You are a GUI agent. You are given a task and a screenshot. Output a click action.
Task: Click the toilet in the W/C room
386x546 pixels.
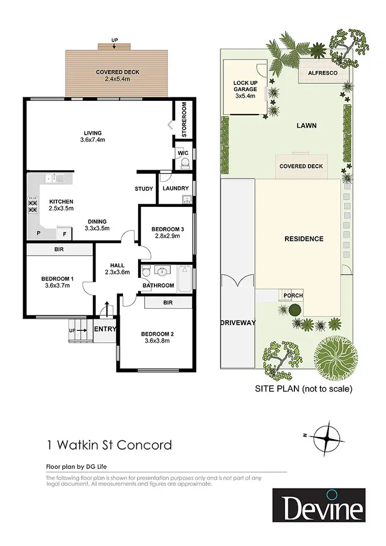point(185,164)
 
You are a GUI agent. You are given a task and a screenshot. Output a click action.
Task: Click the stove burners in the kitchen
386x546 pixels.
point(33,205)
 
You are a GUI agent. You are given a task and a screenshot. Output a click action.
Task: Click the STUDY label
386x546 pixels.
point(144,189)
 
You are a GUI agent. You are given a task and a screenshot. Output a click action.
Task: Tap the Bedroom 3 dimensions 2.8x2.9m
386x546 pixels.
point(165,237)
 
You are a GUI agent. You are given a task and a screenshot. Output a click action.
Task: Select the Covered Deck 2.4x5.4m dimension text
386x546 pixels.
point(117,80)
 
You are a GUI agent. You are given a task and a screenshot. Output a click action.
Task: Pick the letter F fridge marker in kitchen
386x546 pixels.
point(64,233)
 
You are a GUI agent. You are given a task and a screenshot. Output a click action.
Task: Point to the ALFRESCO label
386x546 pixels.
point(322,74)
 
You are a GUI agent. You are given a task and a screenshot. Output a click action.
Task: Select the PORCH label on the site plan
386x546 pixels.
point(293,295)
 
